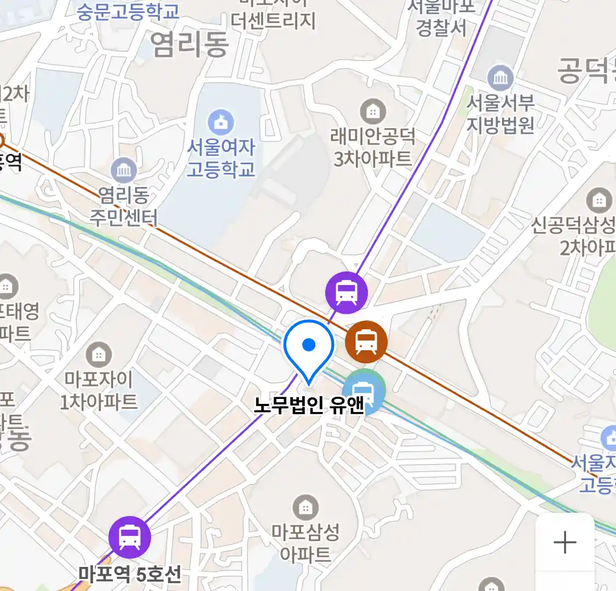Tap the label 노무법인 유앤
tap(309, 405)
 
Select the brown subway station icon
tap(366, 342)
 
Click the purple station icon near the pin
tap(346, 292)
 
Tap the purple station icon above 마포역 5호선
tap(129, 537)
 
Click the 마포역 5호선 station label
tap(129, 575)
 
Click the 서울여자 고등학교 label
tap(221, 158)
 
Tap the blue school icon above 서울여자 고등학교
tap(221, 123)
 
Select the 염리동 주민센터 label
tap(124, 206)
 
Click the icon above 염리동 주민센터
tap(124, 171)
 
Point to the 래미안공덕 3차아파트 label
tap(373, 147)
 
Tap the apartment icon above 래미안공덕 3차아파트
tap(373, 112)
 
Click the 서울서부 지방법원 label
tap(500, 114)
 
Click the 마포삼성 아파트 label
tap(306, 543)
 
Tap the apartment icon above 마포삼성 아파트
tap(306, 508)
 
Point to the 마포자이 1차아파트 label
tap(99, 390)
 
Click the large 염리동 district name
tap(189, 44)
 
